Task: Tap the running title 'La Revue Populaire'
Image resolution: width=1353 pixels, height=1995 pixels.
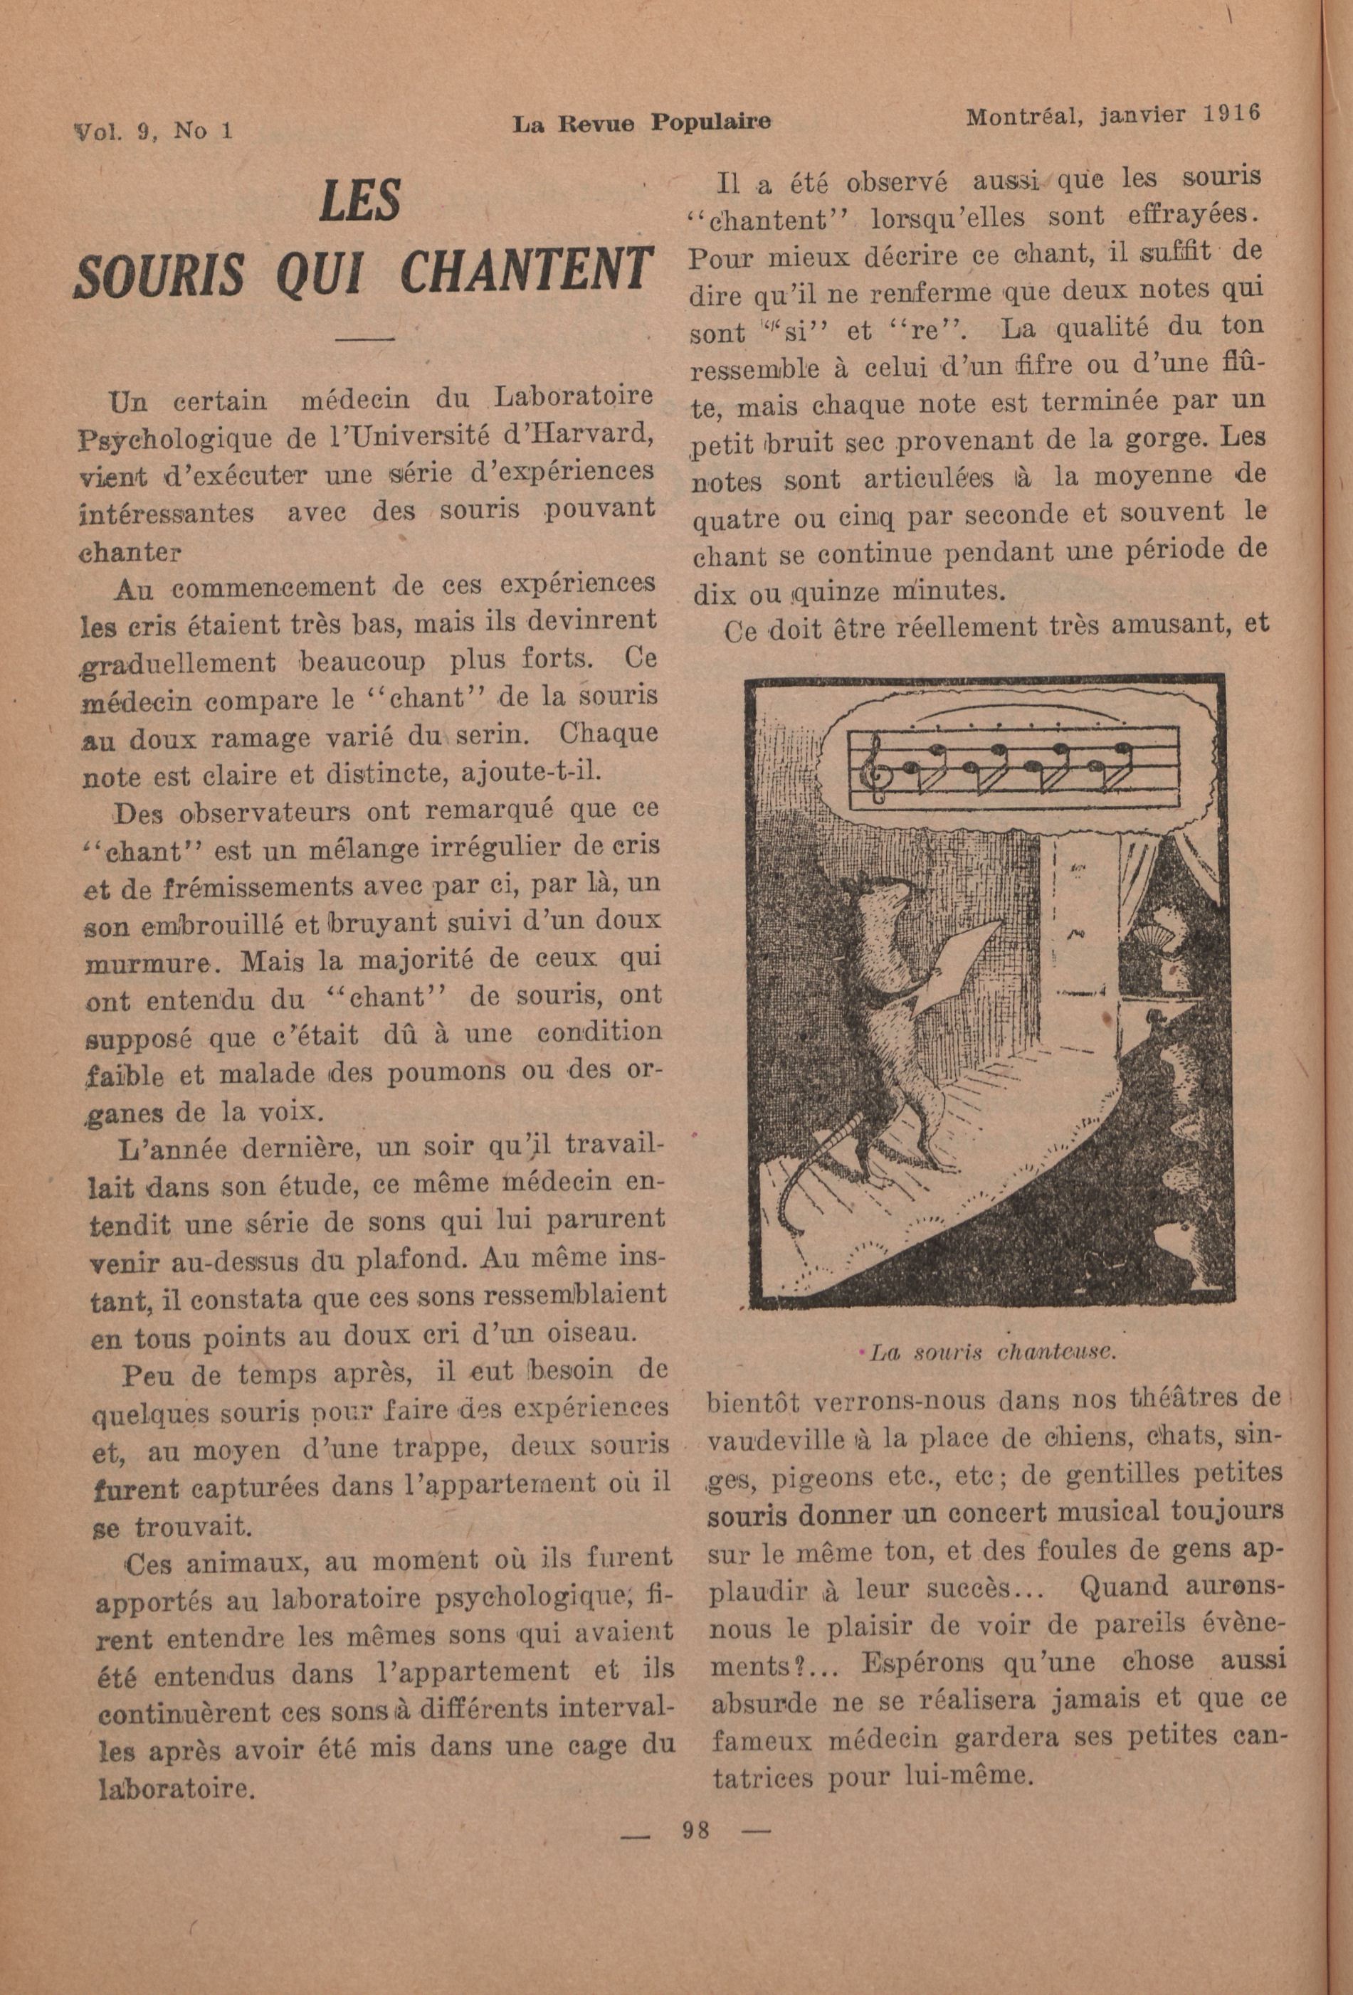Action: (x=641, y=123)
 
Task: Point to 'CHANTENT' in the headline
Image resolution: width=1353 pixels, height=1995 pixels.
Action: (x=523, y=270)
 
